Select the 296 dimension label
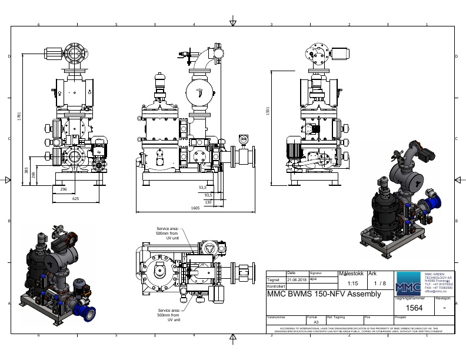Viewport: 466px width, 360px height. click(x=64, y=189)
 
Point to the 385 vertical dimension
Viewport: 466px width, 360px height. click(x=26, y=169)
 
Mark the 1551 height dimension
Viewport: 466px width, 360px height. click(x=268, y=112)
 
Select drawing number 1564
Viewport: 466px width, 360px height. click(x=414, y=308)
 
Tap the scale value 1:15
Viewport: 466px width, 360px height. click(x=352, y=283)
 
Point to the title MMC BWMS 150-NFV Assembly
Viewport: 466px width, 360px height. click(x=324, y=294)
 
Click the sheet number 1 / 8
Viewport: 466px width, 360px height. click(x=380, y=283)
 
